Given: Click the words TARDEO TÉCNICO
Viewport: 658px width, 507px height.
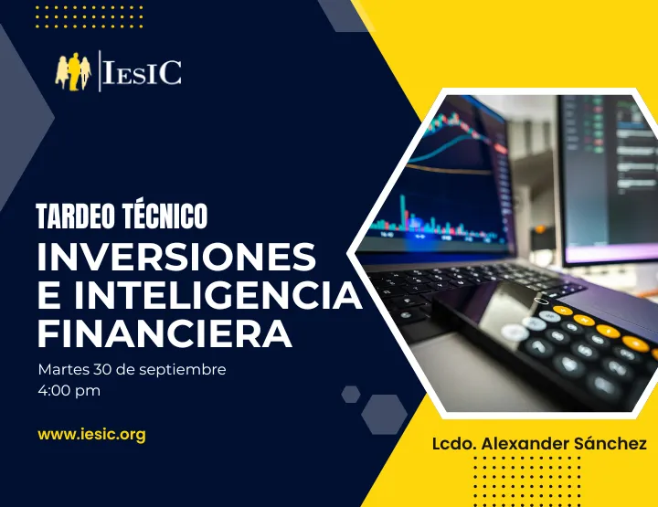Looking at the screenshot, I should (x=122, y=217).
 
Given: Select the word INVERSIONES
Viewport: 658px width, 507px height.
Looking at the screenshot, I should (x=176, y=258).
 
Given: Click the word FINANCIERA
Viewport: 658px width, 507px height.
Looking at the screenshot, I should (x=164, y=333).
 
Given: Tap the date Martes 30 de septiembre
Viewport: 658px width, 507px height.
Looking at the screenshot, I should (x=132, y=370).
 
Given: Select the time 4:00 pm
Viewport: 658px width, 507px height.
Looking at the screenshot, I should (x=69, y=391).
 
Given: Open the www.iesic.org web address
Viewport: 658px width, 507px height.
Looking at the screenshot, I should (x=91, y=434).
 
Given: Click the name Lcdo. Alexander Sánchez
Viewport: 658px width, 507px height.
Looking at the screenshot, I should (x=539, y=443).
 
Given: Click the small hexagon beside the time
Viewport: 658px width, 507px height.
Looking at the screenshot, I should (x=351, y=394).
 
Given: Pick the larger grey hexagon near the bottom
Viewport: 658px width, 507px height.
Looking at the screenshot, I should (x=385, y=414).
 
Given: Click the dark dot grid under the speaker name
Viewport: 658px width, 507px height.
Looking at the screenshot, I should (x=530, y=480).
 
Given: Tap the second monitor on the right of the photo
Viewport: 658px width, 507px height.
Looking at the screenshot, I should (x=608, y=174).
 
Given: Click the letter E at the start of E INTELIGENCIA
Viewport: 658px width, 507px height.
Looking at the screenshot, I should (x=48, y=296).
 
